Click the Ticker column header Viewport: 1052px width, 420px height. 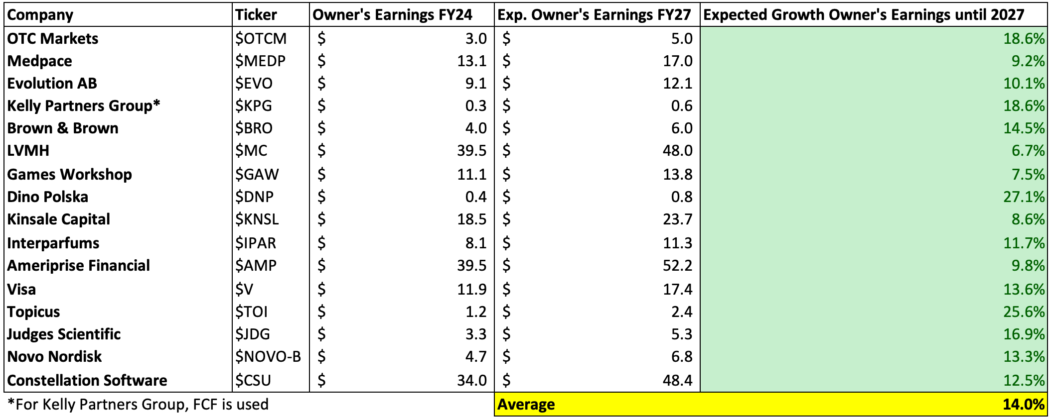256,15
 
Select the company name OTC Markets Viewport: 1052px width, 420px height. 53,39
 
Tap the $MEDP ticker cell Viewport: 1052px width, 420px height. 260,61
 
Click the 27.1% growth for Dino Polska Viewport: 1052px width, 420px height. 1024,197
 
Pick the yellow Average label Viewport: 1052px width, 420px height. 526,405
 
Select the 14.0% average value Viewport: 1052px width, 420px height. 1024,405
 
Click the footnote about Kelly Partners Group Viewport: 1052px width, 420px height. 138,405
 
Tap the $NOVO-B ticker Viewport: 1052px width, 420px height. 268,357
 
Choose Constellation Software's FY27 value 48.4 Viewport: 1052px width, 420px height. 678,381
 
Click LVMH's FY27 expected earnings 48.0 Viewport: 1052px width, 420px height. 678,151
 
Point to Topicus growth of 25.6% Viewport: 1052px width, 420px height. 1024,312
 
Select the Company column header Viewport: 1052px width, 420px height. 40,15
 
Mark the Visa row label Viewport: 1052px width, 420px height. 22,290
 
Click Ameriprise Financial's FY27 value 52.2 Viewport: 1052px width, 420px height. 678,266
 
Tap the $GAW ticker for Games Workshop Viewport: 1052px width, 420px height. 257,175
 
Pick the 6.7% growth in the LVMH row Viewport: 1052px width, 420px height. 1028,151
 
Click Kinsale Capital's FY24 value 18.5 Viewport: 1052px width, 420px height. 471,219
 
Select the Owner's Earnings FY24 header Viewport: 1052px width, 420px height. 392,15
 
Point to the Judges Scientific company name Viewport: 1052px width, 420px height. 64,334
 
